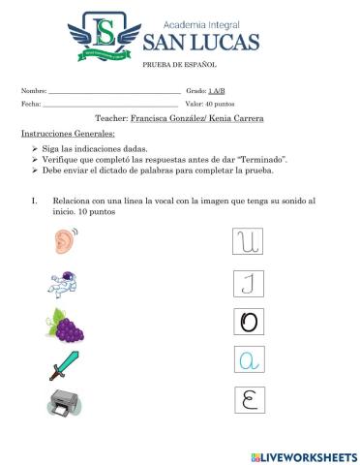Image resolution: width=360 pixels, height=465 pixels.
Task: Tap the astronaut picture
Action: click(x=63, y=283)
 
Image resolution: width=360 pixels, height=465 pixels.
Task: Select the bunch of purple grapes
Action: click(x=65, y=325)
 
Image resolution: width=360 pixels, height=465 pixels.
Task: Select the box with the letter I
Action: click(x=249, y=283)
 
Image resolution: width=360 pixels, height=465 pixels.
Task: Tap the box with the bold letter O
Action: click(x=249, y=322)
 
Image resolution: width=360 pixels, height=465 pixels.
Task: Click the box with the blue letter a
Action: click(x=249, y=360)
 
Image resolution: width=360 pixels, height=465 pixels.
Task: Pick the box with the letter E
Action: click(x=249, y=399)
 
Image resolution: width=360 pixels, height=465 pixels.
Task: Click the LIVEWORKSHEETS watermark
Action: click(x=303, y=456)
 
